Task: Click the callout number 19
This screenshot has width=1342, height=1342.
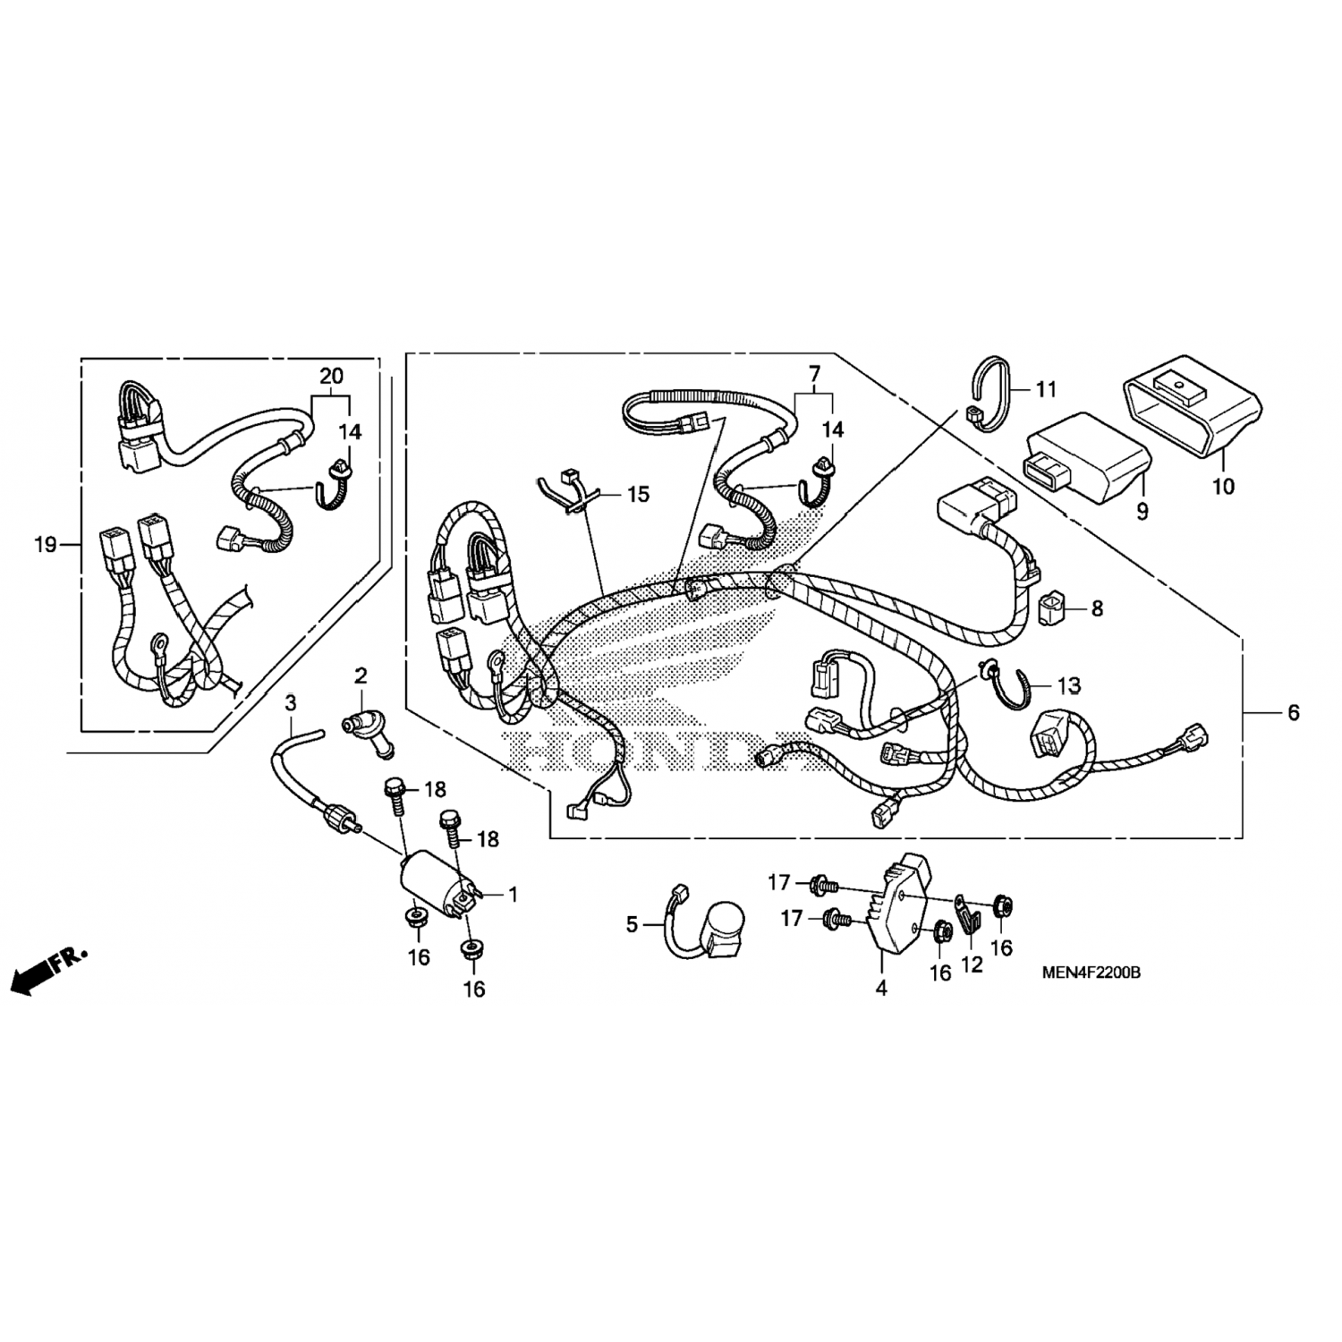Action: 45,544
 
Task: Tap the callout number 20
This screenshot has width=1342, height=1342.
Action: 331,377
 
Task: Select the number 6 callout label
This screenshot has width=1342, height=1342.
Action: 1293,713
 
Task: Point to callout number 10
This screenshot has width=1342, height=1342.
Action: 1222,487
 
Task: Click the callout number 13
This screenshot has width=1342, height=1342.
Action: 1068,686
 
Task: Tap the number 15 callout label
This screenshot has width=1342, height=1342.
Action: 638,495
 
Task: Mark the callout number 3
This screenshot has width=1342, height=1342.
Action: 290,704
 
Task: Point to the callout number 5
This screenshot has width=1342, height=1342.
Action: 632,924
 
